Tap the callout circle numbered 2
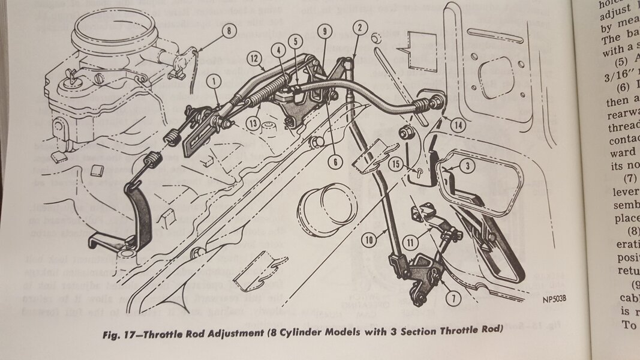[x=359, y=26]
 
